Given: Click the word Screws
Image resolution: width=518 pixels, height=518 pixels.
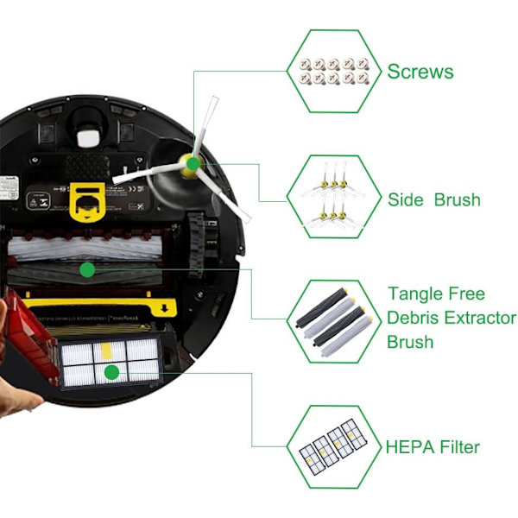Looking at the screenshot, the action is pos(420,72).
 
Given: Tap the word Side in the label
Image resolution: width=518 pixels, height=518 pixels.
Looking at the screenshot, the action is pos(406,199).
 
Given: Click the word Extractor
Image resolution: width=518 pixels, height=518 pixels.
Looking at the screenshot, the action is pos(480,318).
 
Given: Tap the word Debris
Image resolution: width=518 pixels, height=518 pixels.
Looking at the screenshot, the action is pos(413,318).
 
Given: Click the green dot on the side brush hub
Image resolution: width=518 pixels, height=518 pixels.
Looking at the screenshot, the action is pos(193,163).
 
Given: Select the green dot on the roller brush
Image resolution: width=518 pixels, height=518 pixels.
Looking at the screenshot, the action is pos(87,270).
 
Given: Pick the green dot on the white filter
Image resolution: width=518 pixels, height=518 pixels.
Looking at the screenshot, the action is pos(111,373).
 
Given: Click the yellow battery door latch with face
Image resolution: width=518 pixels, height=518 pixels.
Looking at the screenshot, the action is pos(87,202).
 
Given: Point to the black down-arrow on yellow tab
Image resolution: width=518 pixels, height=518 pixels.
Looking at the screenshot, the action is pos(165,308).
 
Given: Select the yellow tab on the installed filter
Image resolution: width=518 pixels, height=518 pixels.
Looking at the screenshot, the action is pos(106,351).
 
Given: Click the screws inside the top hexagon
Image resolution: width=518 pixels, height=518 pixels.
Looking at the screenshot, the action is pos(334,72).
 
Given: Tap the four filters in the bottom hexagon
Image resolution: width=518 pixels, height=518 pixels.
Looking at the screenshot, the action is pos(333,446).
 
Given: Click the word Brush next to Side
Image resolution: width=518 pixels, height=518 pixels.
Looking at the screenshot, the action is pos(458,199).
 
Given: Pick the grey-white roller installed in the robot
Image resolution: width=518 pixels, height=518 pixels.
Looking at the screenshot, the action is pos(85,249).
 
